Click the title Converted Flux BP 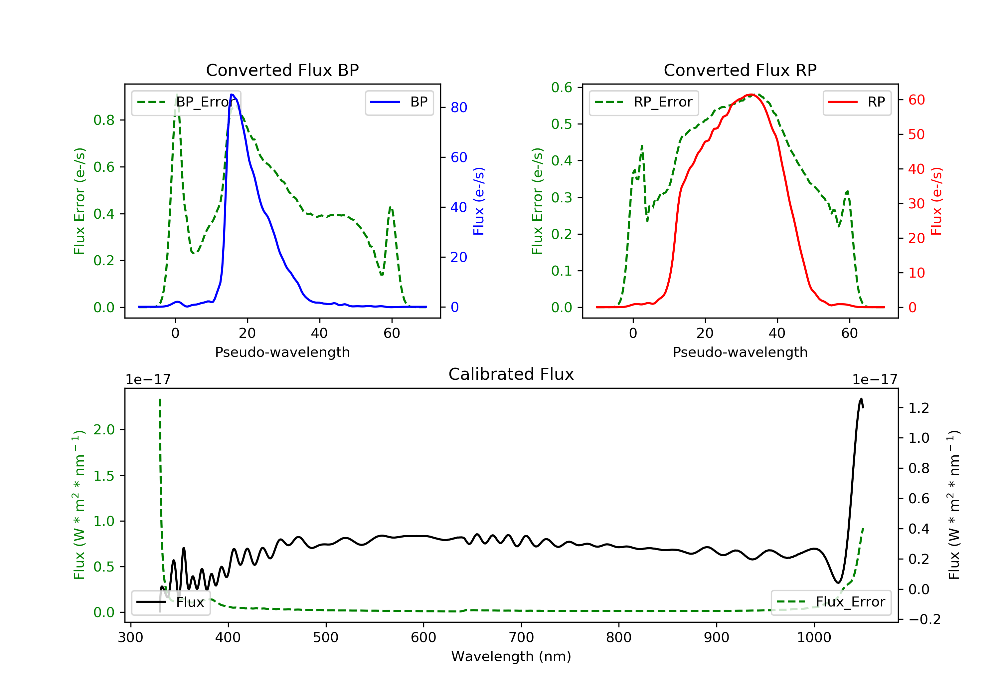pos(282,70)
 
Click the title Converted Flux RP pos(740,70)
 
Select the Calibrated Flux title pos(511,374)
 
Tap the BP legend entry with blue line pos(399,102)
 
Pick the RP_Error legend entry pos(644,102)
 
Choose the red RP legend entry pos(857,102)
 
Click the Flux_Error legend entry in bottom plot pos(831,602)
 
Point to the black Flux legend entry pos(170,602)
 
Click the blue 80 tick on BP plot pos(458,108)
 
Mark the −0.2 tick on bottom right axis pos(924,619)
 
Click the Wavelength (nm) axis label pos(511,656)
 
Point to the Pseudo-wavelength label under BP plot pos(282,352)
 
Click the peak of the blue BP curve pos(232,95)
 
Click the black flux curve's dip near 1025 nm pos(838,582)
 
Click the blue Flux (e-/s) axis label pos(479,201)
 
